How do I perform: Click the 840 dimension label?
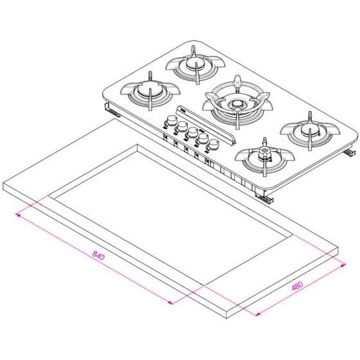click(x=98, y=256)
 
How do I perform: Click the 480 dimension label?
click(x=297, y=286)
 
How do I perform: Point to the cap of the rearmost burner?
click(x=195, y=63)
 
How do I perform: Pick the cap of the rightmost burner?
click(x=310, y=130)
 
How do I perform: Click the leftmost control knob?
click(x=172, y=121)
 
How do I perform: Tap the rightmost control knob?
click(x=213, y=145)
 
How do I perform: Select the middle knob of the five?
click(x=193, y=132)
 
